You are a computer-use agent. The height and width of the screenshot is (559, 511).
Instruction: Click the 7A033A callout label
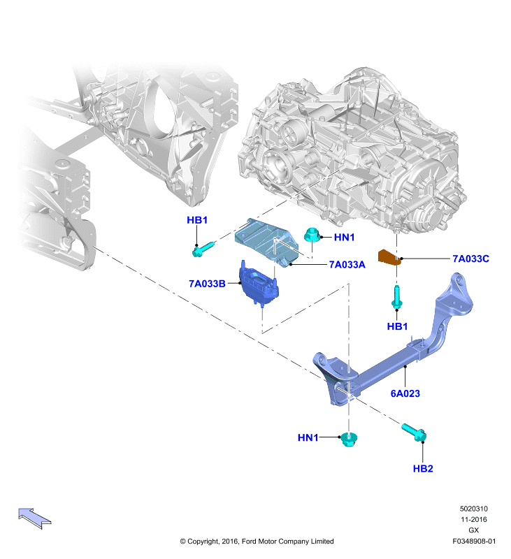347,265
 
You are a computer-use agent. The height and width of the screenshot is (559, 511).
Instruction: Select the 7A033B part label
207,284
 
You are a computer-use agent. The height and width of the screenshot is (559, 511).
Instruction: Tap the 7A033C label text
470,259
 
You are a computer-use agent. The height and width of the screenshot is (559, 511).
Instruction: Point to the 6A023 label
405,393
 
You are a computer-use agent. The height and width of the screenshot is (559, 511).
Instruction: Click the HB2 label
423,468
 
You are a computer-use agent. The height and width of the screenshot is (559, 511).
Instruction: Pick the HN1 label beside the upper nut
344,238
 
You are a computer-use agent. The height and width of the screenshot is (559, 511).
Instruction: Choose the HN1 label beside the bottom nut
308,437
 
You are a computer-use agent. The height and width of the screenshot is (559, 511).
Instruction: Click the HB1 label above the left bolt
197,220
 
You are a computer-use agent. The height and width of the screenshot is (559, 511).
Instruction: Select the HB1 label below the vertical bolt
397,326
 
